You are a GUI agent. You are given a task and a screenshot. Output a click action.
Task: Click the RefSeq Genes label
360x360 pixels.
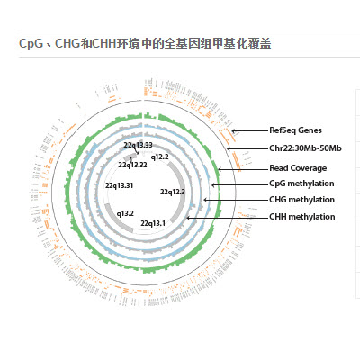tap(295, 130)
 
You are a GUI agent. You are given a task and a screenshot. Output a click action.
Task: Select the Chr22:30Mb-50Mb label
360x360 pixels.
tap(305, 148)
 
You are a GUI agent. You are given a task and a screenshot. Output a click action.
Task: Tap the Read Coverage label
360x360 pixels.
tap(298, 168)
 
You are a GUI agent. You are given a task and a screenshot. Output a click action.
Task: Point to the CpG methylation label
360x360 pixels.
tap(301, 184)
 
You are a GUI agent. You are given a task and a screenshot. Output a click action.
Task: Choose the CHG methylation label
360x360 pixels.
tap(301, 200)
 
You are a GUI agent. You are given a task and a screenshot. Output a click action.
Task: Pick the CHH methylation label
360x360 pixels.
tap(302, 217)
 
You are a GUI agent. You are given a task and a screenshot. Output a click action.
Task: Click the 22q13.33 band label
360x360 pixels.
tap(138, 145)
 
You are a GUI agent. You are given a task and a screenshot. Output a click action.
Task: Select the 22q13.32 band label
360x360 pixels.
tap(132, 165)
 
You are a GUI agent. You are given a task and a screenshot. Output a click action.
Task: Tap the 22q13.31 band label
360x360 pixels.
tap(119, 185)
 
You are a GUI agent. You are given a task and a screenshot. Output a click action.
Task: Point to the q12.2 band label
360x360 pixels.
tap(159, 157)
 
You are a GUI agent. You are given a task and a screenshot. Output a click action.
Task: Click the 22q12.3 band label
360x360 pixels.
tap(173, 192)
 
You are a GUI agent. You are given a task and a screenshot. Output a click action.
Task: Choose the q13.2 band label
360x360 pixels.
tap(125, 213)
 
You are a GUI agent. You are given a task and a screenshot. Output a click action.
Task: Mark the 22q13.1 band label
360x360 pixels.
tap(153, 223)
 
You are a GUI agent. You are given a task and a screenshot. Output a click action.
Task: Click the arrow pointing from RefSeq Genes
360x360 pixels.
tap(250, 130)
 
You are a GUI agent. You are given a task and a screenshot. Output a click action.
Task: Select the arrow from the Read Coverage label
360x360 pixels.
tap(243, 169)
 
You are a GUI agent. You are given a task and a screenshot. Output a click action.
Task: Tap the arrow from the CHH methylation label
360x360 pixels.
tap(228, 218)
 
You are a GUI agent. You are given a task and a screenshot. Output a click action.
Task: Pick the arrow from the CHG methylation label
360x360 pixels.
tap(236, 200)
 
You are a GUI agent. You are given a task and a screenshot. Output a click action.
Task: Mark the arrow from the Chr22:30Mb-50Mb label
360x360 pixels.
tap(247, 148)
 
